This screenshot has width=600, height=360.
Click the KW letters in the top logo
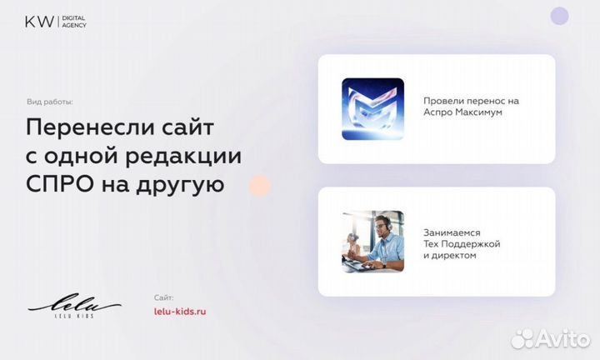[x=36, y=20]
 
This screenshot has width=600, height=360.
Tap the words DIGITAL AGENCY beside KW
[x=73, y=21]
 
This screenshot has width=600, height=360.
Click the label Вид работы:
[x=50, y=102]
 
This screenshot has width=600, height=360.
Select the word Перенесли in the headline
[x=82, y=128]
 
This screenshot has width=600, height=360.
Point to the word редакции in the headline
[x=189, y=156]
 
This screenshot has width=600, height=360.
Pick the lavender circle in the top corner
[x=559, y=16]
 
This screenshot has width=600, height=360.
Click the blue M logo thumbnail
[x=372, y=108]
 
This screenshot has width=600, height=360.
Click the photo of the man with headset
[x=372, y=241]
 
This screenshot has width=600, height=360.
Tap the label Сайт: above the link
[x=164, y=297]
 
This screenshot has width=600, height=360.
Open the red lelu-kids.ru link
[x=180, y=311]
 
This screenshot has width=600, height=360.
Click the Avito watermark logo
[x=550, y=338]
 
